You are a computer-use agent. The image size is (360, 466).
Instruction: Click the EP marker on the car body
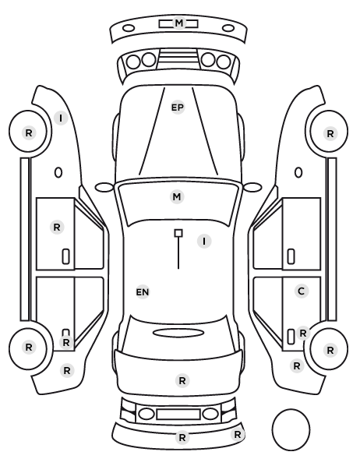click(178, 108)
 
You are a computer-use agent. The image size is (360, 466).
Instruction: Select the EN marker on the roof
click(143, 292)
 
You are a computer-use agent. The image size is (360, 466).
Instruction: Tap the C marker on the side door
click(301, 291)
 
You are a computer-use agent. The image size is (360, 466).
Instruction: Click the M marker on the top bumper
click(179, 23)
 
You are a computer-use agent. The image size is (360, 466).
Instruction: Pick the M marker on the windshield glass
click(177, 196)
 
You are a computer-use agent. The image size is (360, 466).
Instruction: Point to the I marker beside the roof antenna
click(204, 241)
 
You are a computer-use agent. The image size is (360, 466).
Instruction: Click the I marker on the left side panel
click(61, 118)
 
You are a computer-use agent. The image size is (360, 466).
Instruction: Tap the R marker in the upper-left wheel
click(29, 132)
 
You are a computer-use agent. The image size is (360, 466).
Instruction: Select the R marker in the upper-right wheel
click(330, 134)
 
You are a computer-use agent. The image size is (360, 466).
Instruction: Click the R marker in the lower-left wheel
click(29, 347)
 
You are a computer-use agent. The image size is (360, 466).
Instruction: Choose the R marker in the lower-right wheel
click(330, 351)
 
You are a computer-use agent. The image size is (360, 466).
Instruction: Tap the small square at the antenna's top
click(178, 233)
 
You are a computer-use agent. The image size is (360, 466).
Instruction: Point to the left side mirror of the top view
click(104, 188)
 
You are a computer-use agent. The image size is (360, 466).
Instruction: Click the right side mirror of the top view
click(252, 187)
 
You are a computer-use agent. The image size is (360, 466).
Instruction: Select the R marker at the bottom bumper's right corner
click(237, 435)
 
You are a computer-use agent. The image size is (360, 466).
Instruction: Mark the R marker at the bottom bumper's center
click(182, 437)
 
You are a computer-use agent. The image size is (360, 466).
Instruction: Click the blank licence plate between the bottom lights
click(178, 415)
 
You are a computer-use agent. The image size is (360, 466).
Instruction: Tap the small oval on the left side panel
click(58, 173)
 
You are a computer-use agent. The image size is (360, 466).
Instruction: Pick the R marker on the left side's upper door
click(57, 228)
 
